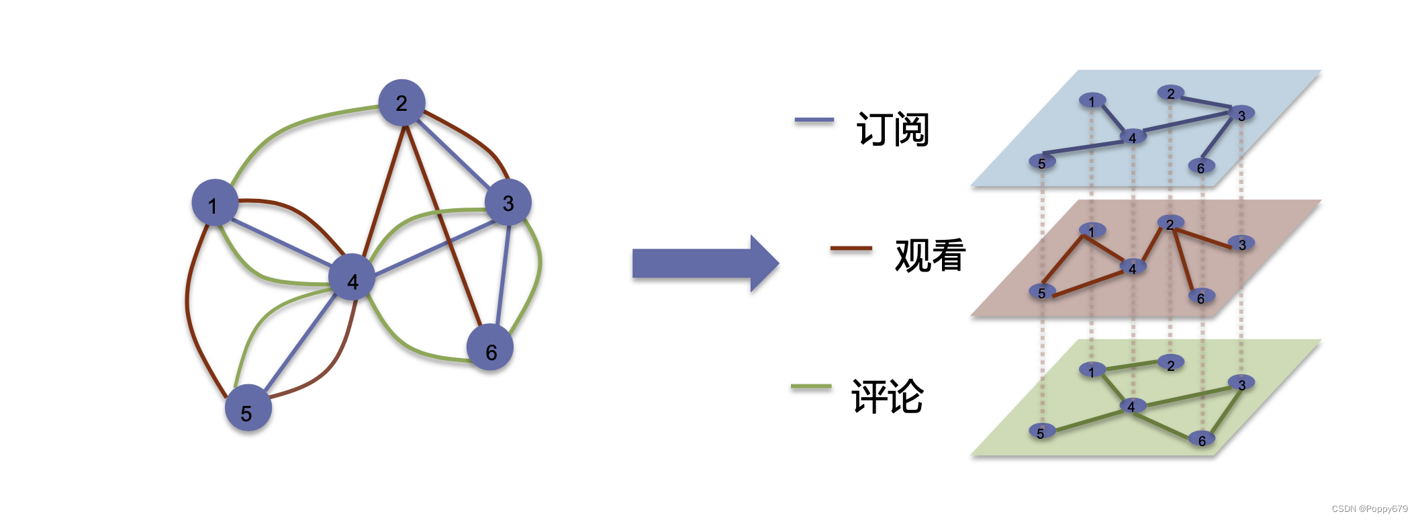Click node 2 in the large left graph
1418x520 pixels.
[401, 103]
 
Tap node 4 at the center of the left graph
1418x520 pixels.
[352, 277]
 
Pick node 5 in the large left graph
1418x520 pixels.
[248, 408]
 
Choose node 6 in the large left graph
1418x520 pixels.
[490, 347]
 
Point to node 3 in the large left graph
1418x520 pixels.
[508, 202]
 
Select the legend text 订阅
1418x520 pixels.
[892, 129]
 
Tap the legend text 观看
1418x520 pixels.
[930, 255]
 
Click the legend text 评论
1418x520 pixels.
[887, 396]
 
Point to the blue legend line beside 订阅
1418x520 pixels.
[814, 120]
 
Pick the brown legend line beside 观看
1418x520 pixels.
[851, 248]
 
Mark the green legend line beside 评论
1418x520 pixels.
[811, 386]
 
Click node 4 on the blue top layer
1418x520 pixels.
[1133, 137]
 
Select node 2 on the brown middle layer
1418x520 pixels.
[1170, 223]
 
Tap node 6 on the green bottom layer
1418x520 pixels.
[1202, 440]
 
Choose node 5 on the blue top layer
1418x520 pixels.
[1042, 162]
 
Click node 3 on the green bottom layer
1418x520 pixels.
[1241, 384]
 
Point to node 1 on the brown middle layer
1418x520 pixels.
[1092, 230]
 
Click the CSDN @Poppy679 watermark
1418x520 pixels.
[1370, 509]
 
